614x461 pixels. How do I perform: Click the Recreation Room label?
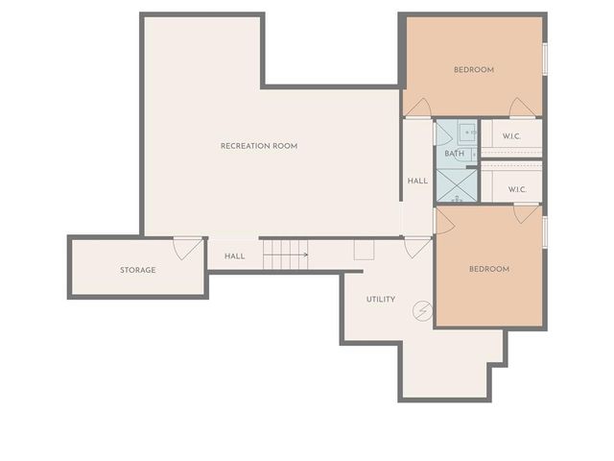point(259,146)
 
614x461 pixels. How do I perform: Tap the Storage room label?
point(137,270)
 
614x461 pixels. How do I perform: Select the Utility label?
point(381,300)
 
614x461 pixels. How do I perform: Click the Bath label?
point(454,154)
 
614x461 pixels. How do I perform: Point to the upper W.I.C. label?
point(511,135)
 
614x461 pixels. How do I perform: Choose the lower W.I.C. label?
point(517,189)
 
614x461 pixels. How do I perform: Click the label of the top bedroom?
point(474,69)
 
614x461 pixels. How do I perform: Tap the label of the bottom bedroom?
point(488,269)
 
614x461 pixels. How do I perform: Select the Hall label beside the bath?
point(417,181)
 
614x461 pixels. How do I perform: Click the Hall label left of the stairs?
point(235,256)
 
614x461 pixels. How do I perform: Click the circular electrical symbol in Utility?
point(421,311)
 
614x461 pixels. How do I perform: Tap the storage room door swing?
point(186,249)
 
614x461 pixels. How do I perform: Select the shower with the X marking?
point(457,185)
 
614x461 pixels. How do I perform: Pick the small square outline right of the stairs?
point(364,250)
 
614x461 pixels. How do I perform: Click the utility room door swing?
point(417,247)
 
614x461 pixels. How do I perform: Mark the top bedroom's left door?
point(417,108)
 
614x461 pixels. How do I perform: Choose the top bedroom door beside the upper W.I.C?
point(522,108)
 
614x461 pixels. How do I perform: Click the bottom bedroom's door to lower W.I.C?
point(525,213)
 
